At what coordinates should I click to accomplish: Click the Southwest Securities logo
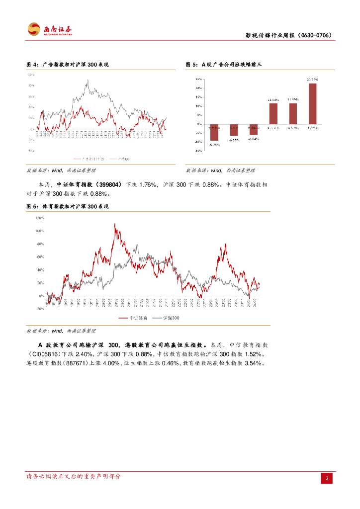click(49, 29)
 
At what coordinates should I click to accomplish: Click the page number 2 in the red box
click(327, 478)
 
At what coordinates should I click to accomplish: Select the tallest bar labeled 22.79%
click(312, 103)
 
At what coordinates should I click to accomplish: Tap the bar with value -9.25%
click(214, 132)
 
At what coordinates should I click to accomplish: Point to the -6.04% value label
click(254, 139)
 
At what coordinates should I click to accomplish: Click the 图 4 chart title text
click(67, 65)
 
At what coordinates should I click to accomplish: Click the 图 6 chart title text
click(67, 206)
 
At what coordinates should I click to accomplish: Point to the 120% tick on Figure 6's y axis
click(39, 218)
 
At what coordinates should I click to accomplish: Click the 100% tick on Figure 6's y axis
click(39, 231)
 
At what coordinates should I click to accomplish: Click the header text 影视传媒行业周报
click(270, 36)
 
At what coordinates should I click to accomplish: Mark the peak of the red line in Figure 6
click(115, 224)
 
